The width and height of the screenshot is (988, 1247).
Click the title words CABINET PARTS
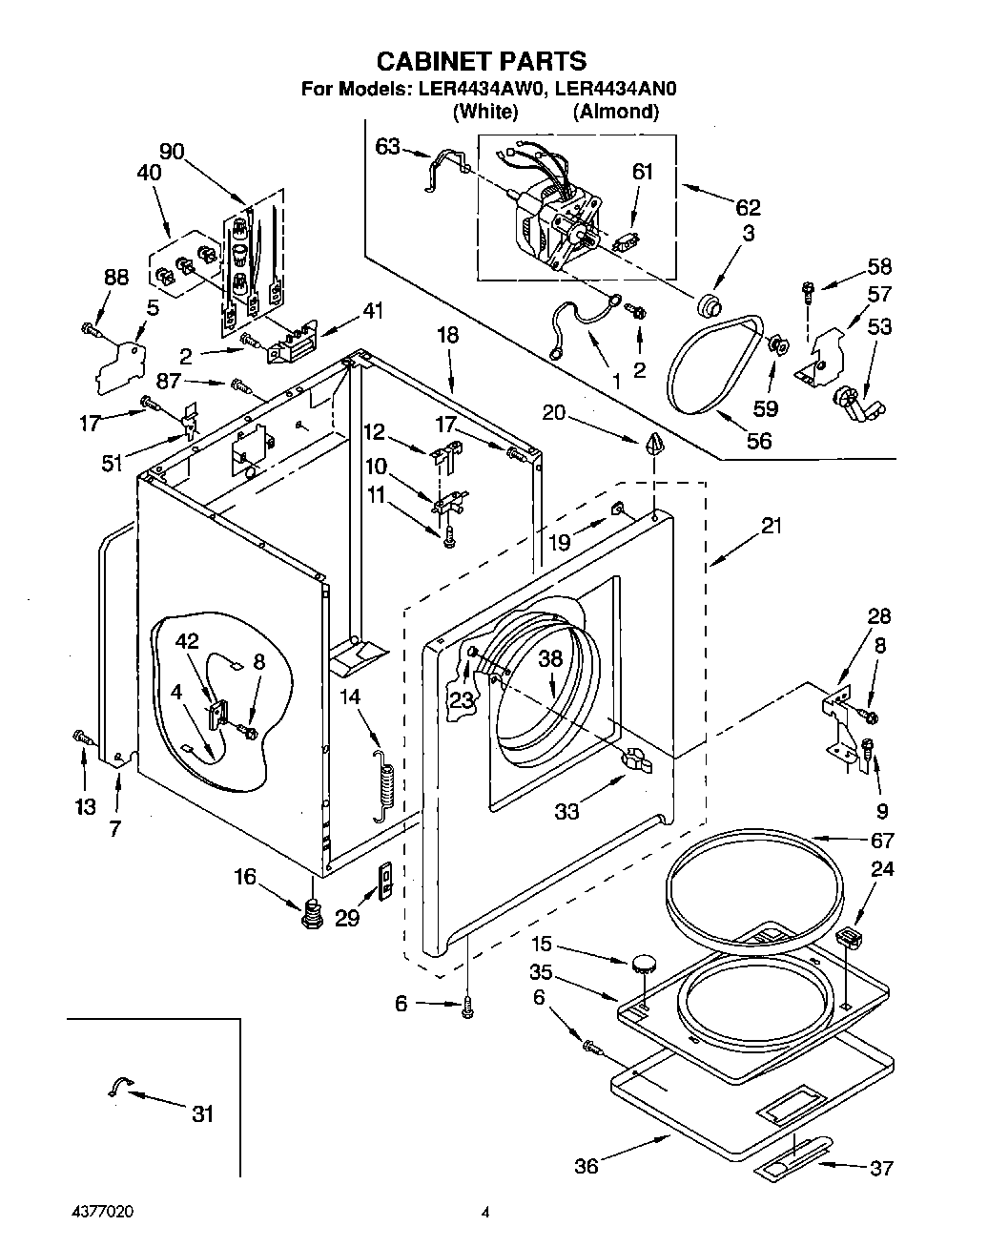point(482,62)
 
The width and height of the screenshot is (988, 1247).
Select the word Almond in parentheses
point(615,112)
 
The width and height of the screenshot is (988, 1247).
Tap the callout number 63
point(387,146)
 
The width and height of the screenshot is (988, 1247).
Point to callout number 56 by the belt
point(759,441)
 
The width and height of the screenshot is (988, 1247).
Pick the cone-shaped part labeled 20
point(654,445)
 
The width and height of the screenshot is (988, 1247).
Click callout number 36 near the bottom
point(587,1166)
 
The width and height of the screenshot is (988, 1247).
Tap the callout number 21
point(771,526)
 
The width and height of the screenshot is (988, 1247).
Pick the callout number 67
point(882,841)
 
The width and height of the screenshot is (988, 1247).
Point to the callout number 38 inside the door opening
point(551,658)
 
